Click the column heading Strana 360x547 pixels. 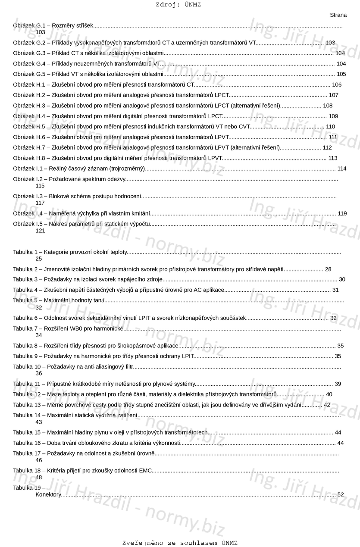tap(338, 15)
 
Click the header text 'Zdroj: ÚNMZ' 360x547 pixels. tap(178, 5)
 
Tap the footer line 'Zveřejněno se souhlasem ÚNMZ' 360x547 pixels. tap(180, 543)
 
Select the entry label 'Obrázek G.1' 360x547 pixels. tap(29, 26)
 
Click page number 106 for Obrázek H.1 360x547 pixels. tap(337, 85)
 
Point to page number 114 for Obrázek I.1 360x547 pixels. tap(342, 169)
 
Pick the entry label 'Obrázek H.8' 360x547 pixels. tap(29, 158)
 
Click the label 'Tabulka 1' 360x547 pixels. tap(25, 252)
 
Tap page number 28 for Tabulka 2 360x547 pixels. tap(328, 269)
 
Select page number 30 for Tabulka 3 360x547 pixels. tap(342, 280)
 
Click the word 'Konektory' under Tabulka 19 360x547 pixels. tap(48, 494)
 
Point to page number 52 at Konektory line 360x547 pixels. tap(341, 494)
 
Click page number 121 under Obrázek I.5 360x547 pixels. tap(40, 231)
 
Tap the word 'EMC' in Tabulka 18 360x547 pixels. tap(145, 471)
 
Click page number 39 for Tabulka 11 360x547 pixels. tap(338, 384)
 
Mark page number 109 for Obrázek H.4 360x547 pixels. tap(333, 116)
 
